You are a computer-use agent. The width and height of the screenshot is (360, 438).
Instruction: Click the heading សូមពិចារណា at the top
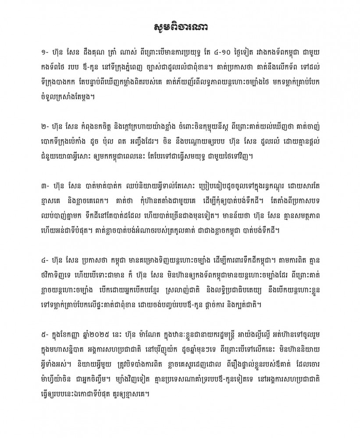tap(180, 27)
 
